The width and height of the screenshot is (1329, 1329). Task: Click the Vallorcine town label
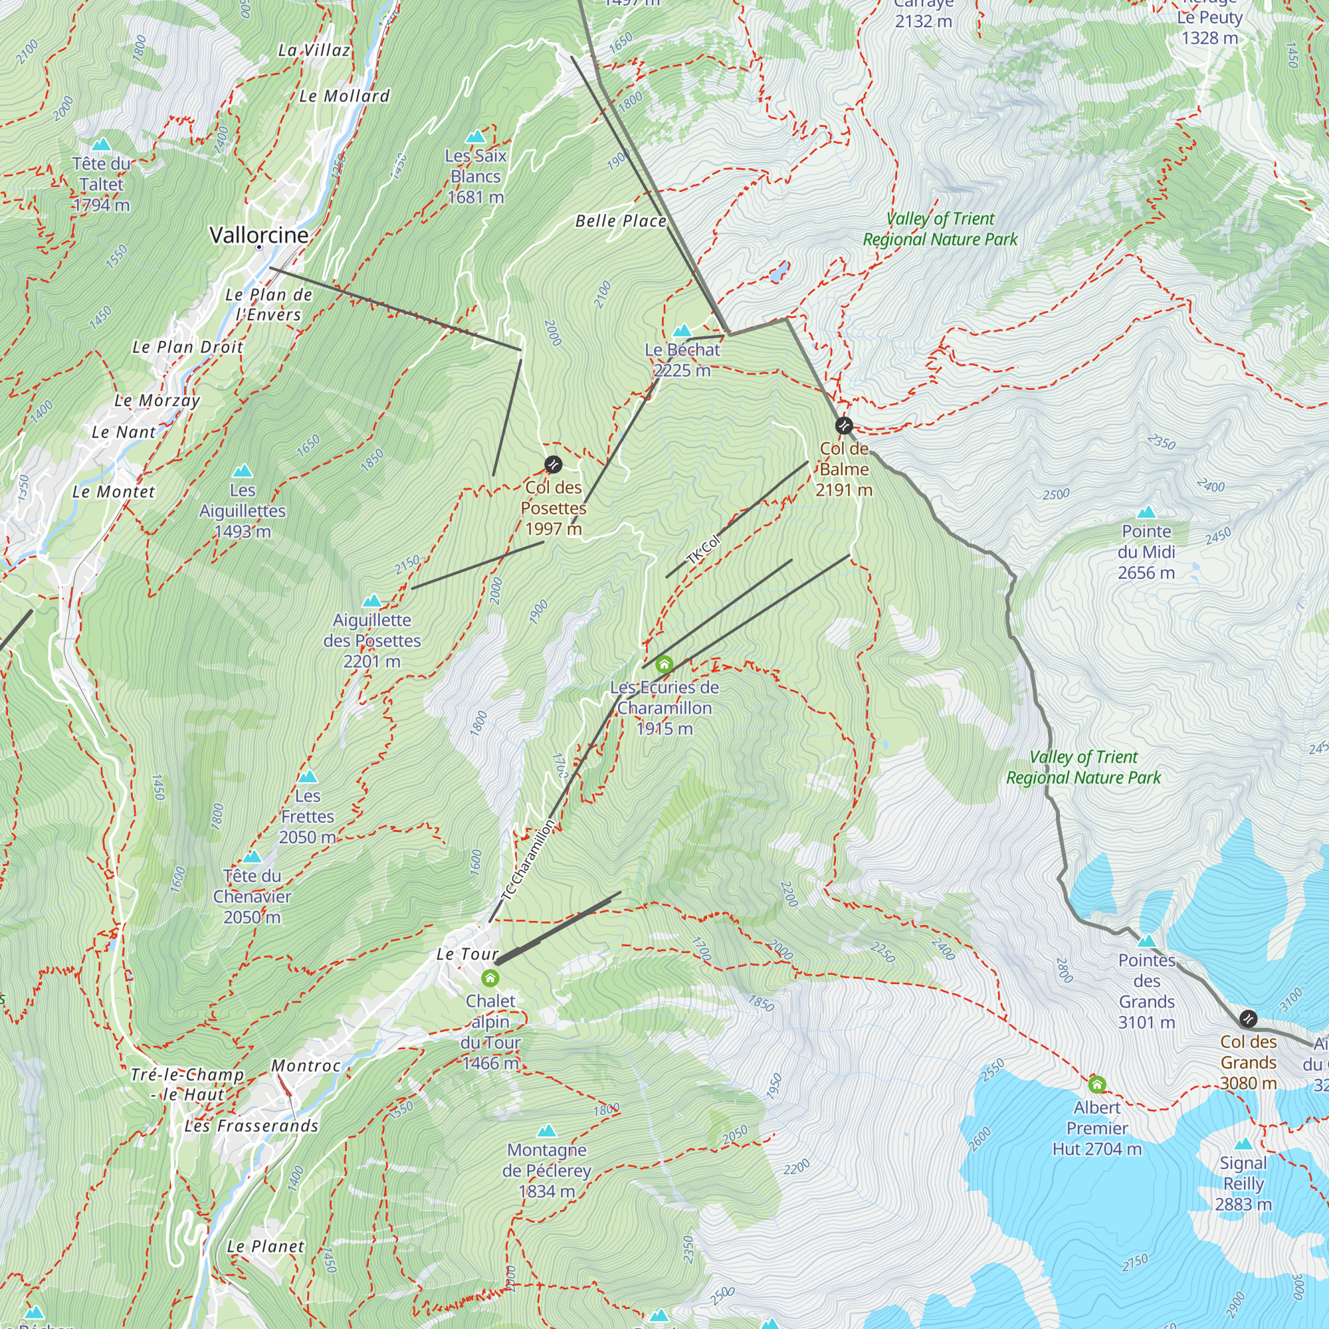coord(258,235)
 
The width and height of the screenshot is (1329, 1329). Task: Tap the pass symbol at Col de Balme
coord(843,426)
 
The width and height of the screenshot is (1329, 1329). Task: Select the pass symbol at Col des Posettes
coord(553,464)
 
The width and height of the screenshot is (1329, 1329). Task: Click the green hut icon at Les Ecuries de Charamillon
coord(664,664)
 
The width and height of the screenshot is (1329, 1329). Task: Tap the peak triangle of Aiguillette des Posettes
coord(371,601)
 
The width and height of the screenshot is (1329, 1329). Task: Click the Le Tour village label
coord(467,954)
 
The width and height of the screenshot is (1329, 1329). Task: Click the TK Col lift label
coord(704,549)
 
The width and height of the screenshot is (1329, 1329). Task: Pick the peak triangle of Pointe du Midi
coord(1146,512)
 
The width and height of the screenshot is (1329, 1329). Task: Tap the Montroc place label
coord(306,1066)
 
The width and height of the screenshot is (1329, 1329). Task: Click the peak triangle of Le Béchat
coord(682,331)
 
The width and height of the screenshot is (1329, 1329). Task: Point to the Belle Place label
coord(621,221)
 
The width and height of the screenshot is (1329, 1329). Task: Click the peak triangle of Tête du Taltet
coord(101,144)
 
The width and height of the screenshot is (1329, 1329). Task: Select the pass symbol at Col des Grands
coord(1248,1018)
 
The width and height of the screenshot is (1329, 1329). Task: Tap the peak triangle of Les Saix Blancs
coord(475,136)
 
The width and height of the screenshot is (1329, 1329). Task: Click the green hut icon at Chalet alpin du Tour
coord(490,978)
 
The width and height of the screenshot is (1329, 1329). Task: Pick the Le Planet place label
coord(266,1247)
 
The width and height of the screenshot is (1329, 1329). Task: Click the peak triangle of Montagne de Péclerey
coord(546,1131)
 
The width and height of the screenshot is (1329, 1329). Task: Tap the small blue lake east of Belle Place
coord(779,272)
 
